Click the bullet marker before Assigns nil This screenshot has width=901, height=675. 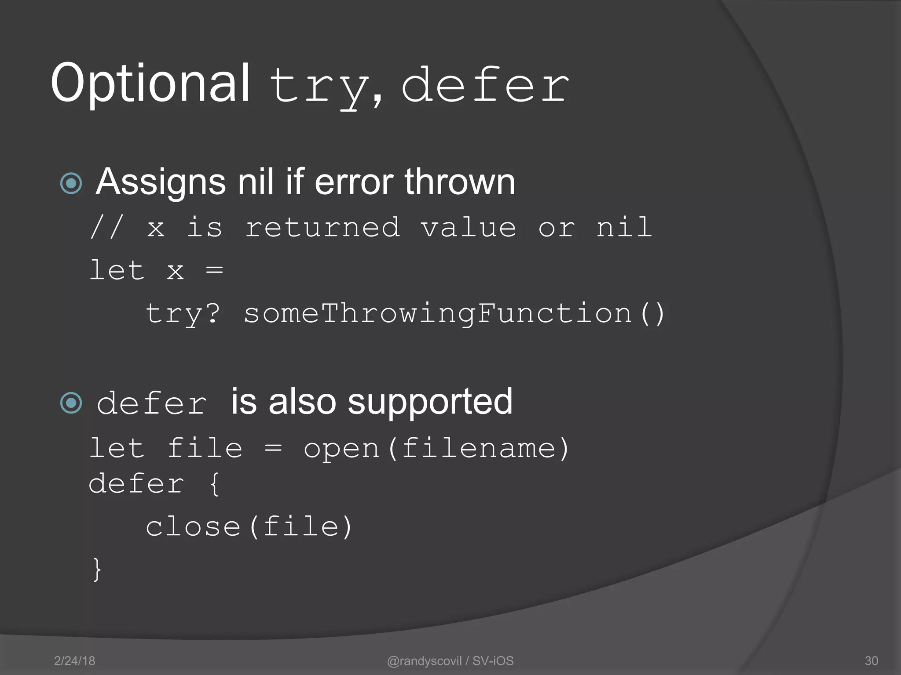(x=71, y=183)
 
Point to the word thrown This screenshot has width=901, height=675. (x=460, y=182)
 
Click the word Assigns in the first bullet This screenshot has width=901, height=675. (x=161, y=183)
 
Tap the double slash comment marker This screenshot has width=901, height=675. (x=107, y=228)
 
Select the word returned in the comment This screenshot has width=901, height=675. (x=322, y=228)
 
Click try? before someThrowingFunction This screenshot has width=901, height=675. (x=183, y=314)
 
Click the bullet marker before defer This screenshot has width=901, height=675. (x=71, y=403)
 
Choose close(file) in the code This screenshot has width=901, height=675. (x=249, y=527)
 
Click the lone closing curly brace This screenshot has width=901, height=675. (x=97, y=570)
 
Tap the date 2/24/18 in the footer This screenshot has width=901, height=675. (x=74, y=661)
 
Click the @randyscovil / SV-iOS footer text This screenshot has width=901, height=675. (x=450, y=661)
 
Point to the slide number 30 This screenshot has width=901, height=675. (x=871, y=661)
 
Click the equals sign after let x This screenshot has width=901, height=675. (x=214, y=270)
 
